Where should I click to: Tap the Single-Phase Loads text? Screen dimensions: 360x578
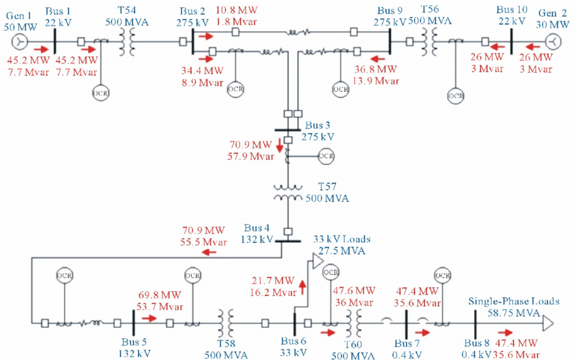click(513, 301)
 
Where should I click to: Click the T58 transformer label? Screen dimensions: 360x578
click(224, 342)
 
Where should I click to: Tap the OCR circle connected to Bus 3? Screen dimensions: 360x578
click(326, 157)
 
